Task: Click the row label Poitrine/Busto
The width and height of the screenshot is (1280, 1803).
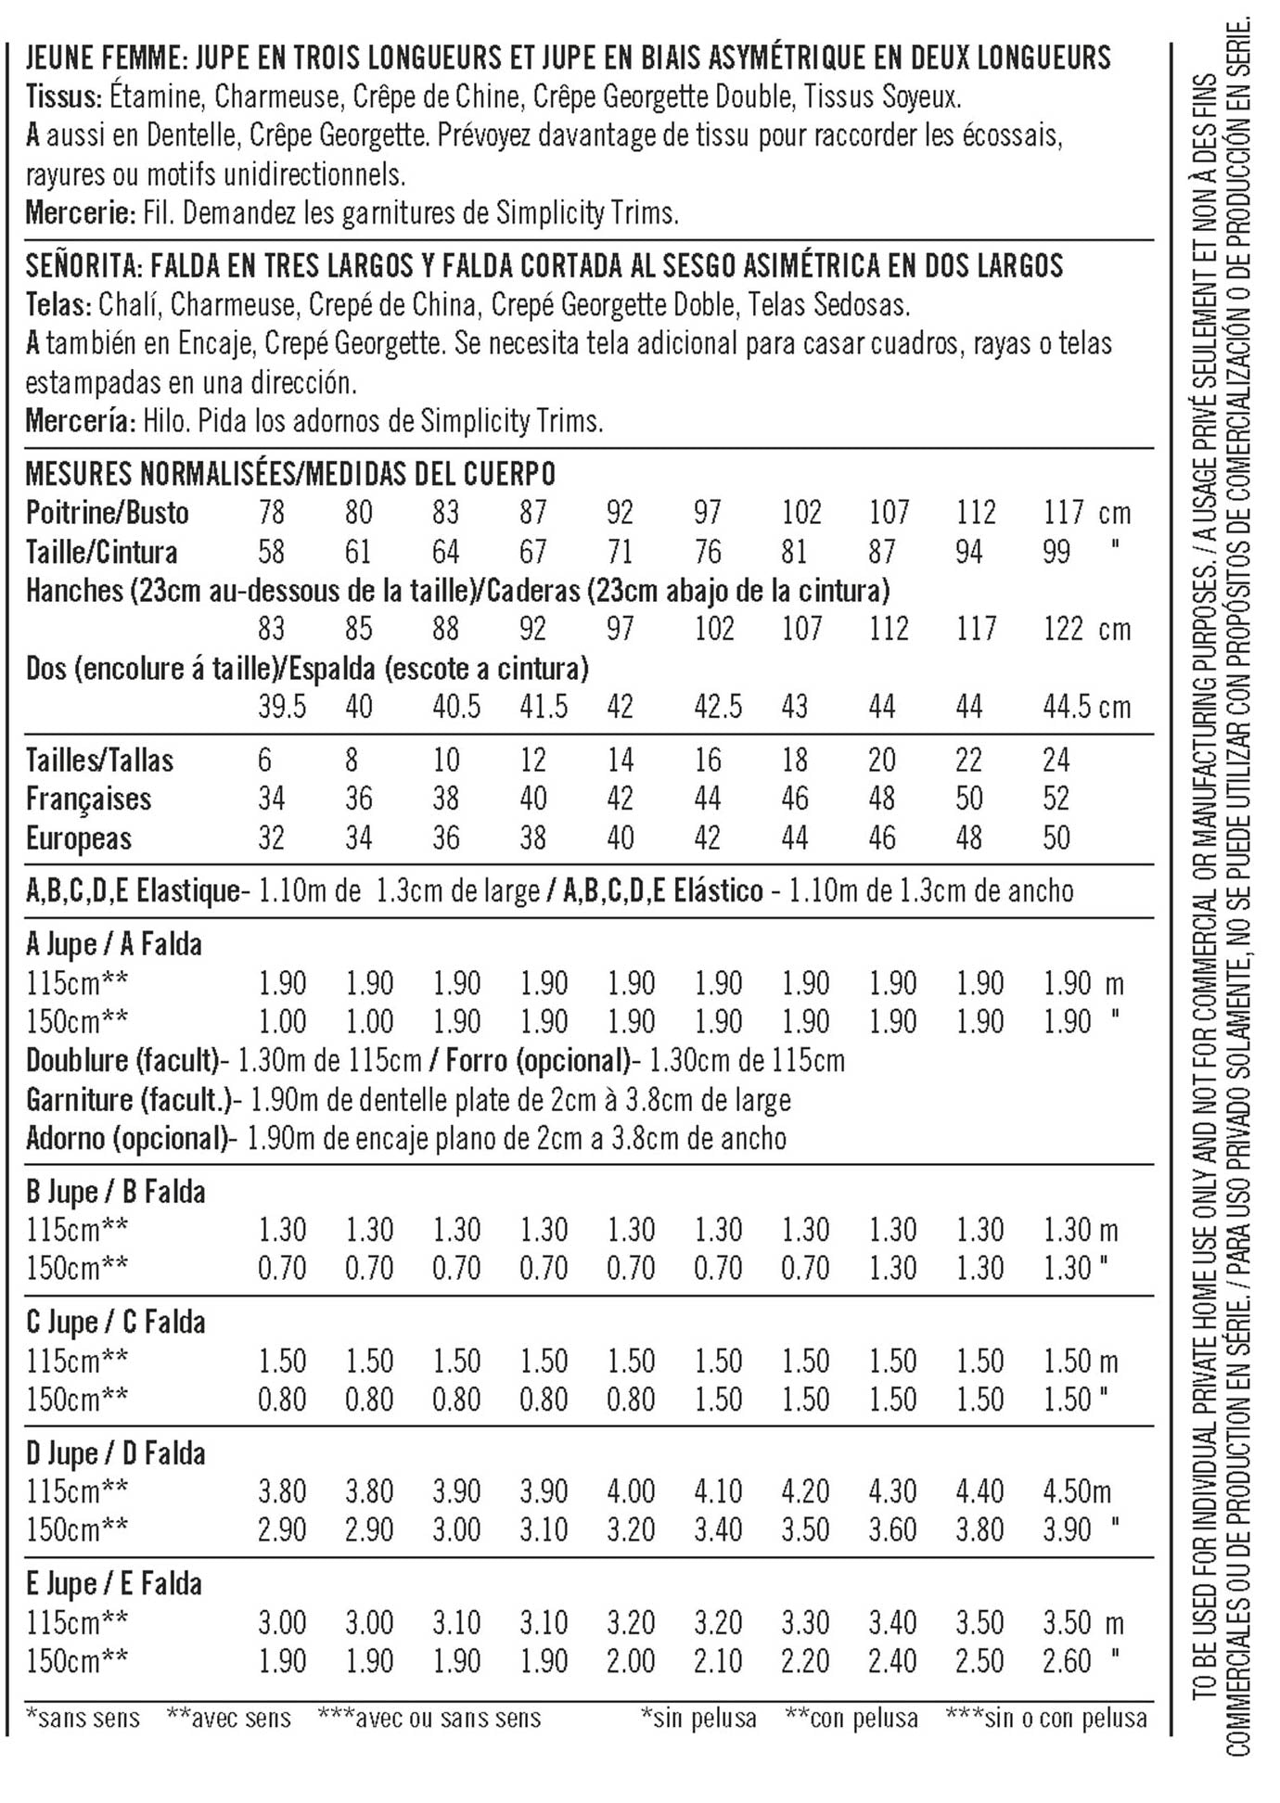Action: pos(107,513)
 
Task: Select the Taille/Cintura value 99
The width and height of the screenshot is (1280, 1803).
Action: pos(1056,552)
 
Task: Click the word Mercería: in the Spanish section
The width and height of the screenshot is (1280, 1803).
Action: pos(81,421)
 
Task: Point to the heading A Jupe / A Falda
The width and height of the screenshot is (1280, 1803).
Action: pos(113,944)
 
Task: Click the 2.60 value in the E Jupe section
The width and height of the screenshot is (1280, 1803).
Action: pos(1067,1660)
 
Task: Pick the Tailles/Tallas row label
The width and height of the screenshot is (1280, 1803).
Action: pos(99,761)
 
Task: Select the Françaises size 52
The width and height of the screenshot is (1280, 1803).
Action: pos(1056,799)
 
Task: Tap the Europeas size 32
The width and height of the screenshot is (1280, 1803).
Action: pos(271,838)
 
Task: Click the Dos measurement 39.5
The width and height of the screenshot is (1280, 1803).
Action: pos(282,707)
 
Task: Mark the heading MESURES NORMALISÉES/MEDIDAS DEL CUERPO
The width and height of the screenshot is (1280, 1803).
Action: pos(290,474)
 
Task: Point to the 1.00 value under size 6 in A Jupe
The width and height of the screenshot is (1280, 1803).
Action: pos(282,1021)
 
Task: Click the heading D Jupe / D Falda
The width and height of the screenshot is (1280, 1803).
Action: pos(115,1453)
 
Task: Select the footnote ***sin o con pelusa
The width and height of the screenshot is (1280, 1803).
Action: pos(1046,1718)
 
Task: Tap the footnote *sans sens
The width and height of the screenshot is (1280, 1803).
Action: pos(83,1718)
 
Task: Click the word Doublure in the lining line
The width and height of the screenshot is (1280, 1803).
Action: pos(77,1060)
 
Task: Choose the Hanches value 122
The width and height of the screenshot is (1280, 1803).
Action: pos(1063,629)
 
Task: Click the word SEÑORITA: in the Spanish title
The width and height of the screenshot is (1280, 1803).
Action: pos(82,266)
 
